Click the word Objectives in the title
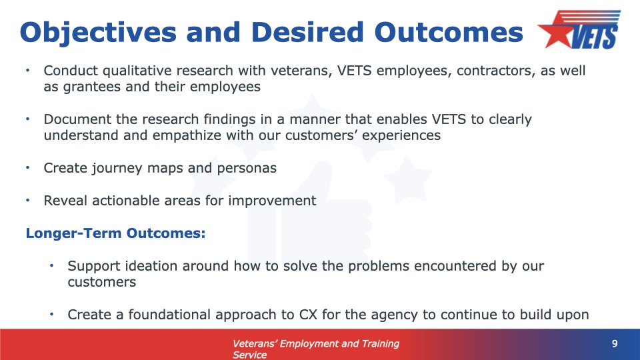tap(98, 33)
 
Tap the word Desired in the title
tap(307, 32)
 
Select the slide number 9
tap(615, 344)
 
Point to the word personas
tap(247, 169)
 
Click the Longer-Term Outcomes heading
tap(115, 233)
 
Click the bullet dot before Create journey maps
tap(28, 168)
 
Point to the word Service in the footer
tap(249, 355)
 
